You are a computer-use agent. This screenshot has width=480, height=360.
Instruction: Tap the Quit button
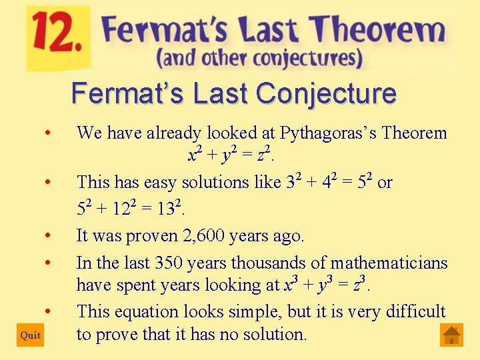click(x=31, y=335)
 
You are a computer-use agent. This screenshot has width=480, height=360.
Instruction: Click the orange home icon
click(x=452, y=335)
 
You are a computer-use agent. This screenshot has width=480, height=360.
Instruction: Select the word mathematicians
click(x=390, y=263)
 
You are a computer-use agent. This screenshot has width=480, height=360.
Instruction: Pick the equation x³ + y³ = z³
click(x=326, y=285)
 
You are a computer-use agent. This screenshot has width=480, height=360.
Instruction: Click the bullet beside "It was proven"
click(x=48, y=235)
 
